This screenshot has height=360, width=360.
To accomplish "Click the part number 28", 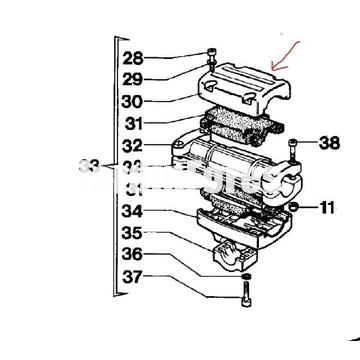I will (132, 58).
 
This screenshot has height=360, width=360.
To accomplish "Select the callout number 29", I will (132, 79).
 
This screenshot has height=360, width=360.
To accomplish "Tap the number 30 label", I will (132, 101).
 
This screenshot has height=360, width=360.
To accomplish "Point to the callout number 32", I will (132, 146).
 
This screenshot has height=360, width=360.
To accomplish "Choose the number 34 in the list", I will (132, 211).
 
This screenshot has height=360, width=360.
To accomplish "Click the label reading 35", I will (132, 233).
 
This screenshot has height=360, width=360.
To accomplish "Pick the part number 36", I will (132, 255).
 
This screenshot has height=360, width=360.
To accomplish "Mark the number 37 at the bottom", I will (132, 277).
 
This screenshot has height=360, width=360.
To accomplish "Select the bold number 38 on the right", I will (329, 143).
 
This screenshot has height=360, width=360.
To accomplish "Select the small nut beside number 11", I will (296, 207).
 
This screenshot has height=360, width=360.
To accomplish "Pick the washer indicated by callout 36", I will (247, 275).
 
